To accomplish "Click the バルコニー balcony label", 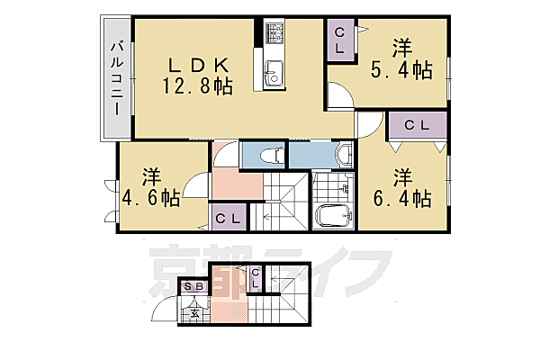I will coord(117,78).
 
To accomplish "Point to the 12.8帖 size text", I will coord(199,86).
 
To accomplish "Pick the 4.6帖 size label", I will coord(148,198).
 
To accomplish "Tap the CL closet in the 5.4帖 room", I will coord(340,40).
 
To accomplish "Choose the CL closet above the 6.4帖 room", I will coord(416,125).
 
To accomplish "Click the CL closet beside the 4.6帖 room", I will coord(229,217).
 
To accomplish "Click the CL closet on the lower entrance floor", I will coord(256,280).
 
